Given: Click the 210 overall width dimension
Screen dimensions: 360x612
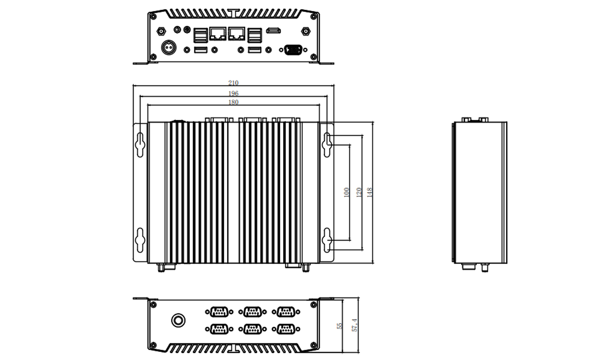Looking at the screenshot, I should point(233,83).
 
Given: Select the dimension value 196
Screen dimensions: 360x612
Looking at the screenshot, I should point(233,94).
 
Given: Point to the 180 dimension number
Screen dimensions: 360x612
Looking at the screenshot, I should point(233,103).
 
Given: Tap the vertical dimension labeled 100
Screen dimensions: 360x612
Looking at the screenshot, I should point(346,192).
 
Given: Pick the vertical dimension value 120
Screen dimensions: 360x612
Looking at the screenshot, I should point(359,192).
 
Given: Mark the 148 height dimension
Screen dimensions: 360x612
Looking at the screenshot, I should point(370,192).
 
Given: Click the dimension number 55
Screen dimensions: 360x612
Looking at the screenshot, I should point(340,325).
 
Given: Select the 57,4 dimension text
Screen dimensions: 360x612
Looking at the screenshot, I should point(354,325).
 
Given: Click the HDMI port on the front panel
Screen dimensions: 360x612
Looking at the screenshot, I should point(273,31).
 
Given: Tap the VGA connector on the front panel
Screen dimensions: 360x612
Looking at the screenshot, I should point(291,49).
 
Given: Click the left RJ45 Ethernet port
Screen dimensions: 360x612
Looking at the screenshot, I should point(218,33).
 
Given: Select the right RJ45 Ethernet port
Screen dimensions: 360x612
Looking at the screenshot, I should point(237,33).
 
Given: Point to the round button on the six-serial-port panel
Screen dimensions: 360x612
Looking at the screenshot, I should point(178,320).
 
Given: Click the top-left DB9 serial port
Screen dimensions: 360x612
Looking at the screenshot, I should point(219,312).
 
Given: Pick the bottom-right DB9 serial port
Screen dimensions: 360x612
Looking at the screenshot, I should point(286,329).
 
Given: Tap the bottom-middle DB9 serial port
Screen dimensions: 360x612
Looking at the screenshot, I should point(252,329).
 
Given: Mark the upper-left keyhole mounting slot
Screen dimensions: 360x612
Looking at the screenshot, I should point(140,144).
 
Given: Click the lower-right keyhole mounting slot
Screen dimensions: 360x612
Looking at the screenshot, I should point(328,239).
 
